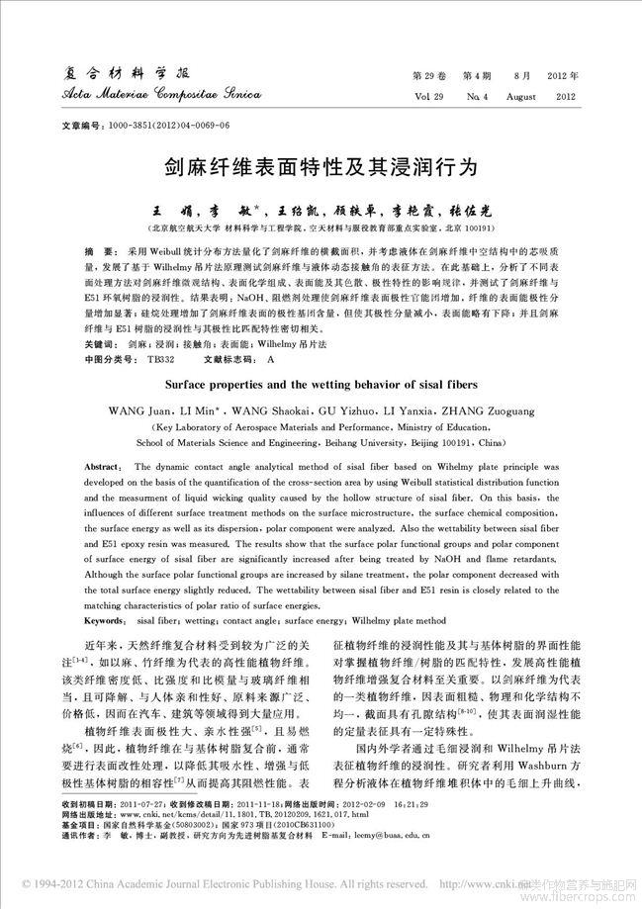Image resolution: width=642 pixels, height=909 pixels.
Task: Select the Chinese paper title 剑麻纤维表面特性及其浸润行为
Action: (321, 169)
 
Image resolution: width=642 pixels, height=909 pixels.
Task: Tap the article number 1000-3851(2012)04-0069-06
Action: (176, 128)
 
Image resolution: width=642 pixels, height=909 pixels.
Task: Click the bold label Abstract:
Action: (104, 464)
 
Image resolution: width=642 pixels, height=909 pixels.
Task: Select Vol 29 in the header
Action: (427, 97)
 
